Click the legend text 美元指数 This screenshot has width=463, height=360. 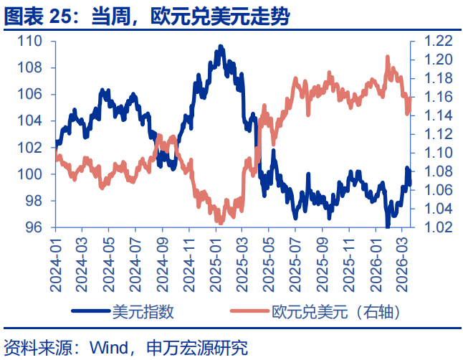143,312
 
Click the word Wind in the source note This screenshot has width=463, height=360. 107,348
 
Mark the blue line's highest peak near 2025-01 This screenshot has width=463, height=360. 220,47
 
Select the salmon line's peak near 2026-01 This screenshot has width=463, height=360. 388,57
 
